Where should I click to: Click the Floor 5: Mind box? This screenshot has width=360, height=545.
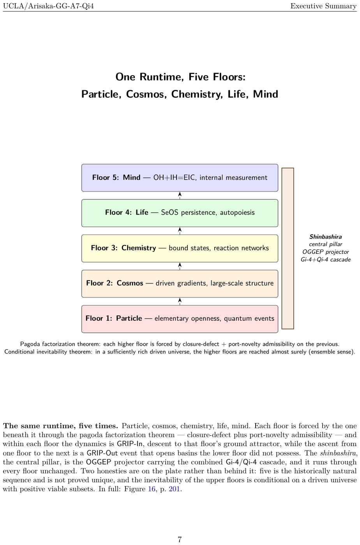[x=180, y=178]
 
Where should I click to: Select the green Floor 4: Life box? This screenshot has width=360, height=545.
[x=180, y=213]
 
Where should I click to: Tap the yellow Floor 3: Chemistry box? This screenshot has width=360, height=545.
[x=180, y=248]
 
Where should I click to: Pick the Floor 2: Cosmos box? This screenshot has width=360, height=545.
[x=180, y=284]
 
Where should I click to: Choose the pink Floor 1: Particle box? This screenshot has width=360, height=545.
[x=180, y=319]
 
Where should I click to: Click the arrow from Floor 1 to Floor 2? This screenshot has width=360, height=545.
[x=180, y=301]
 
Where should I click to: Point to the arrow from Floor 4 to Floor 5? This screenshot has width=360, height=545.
[x=180, y=195]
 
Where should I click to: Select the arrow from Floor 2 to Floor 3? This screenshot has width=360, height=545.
[x=180, y=266]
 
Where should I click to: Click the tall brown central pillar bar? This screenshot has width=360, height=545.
[x=288, y=248]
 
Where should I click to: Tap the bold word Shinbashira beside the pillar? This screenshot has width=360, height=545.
[x=325, y=237]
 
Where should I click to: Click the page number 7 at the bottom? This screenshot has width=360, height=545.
[x=180, y=540]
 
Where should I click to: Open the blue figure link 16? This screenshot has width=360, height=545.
[x=152, y=489]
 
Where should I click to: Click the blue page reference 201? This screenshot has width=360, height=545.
[x=175, y=489]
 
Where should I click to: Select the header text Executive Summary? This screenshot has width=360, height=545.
[x=323, y=6]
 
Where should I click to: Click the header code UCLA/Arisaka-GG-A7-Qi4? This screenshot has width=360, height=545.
[x=48, y=6]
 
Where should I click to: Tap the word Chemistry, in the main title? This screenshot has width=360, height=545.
[x=197, y=94]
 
